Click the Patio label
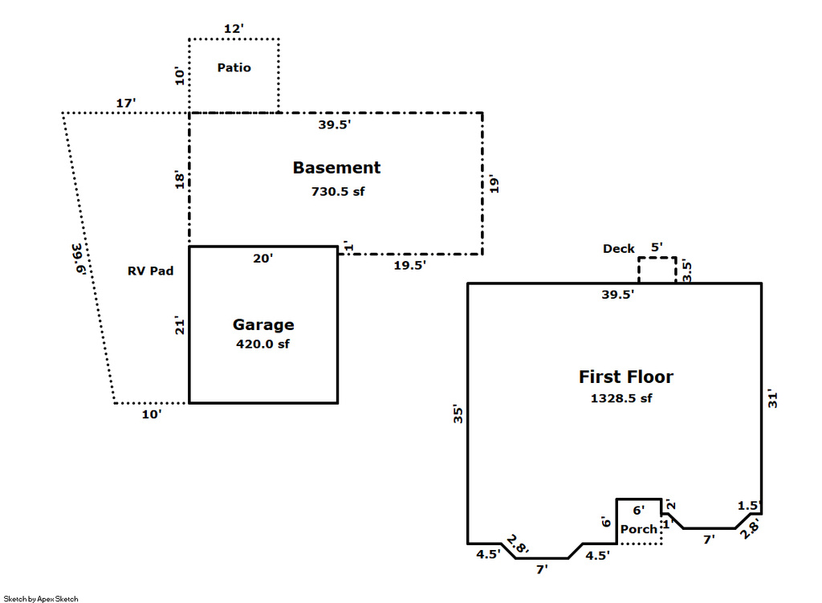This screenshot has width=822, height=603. (234, 67)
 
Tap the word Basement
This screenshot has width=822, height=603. (336, 168)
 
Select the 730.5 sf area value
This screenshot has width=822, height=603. (337, 192)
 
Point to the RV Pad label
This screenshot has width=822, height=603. (150, 271)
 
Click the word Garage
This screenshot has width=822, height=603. (263, 325)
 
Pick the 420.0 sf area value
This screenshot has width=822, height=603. (262, 344)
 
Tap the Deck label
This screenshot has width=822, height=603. (619, 249)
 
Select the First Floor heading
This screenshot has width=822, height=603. (626, 377)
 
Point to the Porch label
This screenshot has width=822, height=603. (639, 529)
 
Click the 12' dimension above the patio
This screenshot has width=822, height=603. (233, 29)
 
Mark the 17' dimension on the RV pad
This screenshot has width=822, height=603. (126, 103)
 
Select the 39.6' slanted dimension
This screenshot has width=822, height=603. (77, 259)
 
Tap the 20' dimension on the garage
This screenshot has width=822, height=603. (262, 259)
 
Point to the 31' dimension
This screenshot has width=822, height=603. (774, 398)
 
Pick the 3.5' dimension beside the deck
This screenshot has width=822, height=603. (687, 270)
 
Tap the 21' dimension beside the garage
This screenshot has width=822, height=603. (180, 326)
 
